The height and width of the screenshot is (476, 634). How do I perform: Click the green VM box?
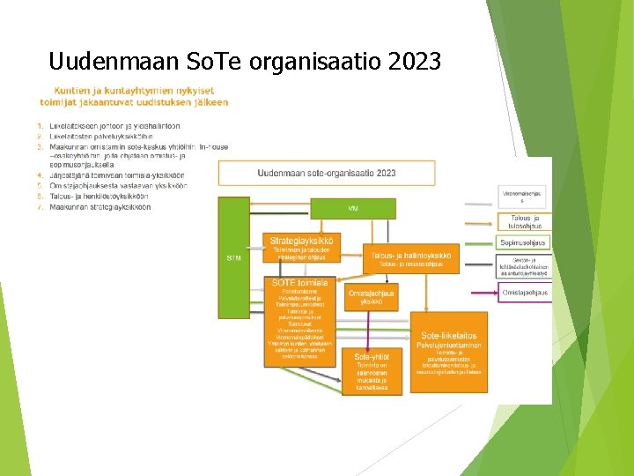[x=352, y=208]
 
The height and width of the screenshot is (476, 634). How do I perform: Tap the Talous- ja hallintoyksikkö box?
[x=410, y=257]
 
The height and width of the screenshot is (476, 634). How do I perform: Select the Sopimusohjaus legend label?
[x=523, y=242]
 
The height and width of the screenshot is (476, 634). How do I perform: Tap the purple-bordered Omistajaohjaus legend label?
[x=525, y=293]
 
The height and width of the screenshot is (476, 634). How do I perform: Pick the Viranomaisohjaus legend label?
[x=521, y=196]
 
